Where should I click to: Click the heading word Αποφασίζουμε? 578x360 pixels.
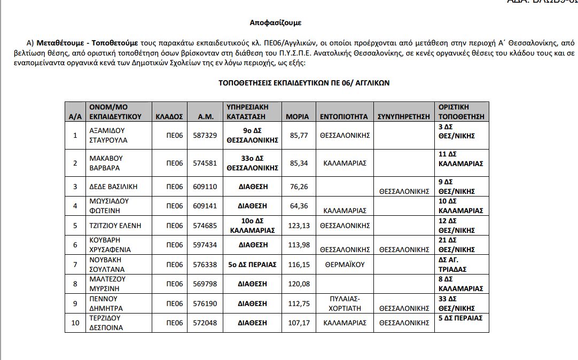(276, 23)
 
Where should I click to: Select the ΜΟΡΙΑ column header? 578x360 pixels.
(297, 116)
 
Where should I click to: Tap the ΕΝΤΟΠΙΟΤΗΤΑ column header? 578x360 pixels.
(344, 116)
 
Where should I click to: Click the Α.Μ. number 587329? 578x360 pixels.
(206, 136)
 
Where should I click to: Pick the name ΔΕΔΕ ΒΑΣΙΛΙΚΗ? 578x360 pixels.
(113, 186)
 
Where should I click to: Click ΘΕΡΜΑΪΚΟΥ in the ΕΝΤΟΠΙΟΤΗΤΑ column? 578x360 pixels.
(345, 264)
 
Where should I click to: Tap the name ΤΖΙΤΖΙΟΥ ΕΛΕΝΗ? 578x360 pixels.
(115, 225)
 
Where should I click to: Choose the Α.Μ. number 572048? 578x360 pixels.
(206, 323)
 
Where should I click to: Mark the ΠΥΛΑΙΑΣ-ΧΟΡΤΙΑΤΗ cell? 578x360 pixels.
(345, 303)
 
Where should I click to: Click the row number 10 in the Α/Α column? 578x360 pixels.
(75, 323)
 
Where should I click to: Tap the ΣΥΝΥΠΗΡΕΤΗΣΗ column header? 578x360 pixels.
(404, 116)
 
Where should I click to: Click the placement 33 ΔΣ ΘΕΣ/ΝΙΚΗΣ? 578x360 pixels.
(456, 303)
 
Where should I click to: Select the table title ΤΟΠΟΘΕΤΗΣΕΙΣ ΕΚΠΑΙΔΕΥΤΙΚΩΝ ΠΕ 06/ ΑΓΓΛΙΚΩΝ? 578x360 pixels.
(304, 83)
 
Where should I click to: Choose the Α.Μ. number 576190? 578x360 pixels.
(206, 303)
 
